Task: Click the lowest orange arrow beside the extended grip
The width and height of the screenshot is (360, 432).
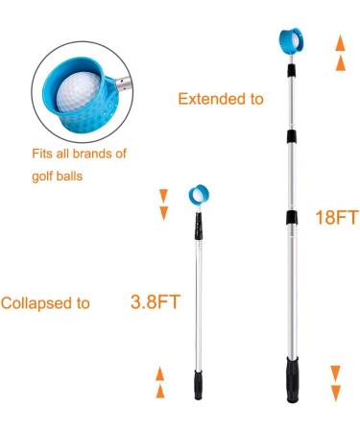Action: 335,392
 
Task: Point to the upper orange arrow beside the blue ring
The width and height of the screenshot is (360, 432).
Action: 163,196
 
